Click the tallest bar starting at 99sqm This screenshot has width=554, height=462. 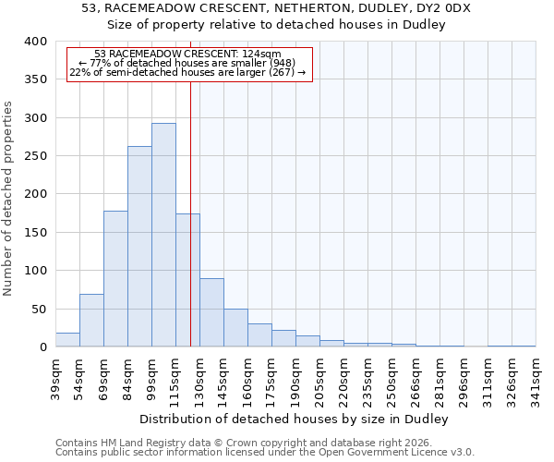163,235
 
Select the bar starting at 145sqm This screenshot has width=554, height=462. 235,328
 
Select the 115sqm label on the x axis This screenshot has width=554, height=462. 175,378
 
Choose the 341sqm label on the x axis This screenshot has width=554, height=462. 536,378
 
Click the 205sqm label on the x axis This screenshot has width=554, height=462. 319,378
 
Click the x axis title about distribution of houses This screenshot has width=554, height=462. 295,419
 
